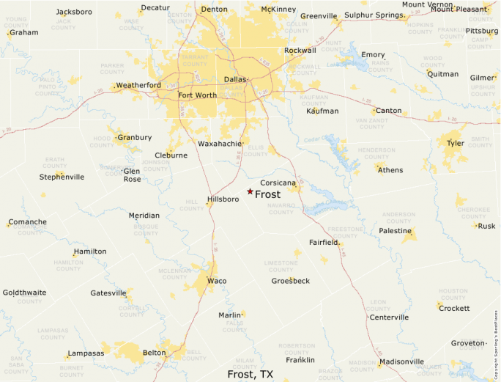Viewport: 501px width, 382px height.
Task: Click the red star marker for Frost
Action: (x=250, y=192)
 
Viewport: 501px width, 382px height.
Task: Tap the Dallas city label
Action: (x=235, y=79)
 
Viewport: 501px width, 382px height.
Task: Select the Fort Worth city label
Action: (x=197, y=95)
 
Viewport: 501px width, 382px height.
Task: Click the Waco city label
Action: (x=217, y=281)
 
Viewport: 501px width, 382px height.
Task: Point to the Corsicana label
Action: (x=278, y=182)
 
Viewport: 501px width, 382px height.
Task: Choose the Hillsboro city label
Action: (x=223, y=199)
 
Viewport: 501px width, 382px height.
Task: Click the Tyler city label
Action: (x=456, y=143)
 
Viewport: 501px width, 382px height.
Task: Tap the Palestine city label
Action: (x=395, y=231)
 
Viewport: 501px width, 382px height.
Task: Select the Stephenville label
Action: (x=62, y=177)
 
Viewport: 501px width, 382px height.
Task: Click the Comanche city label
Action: (x=27, y=222)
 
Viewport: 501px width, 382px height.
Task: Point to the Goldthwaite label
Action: (x=24, y=292)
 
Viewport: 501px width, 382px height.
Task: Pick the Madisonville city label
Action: (x=402, y=361)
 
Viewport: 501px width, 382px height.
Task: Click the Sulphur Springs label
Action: (x=374, y=15)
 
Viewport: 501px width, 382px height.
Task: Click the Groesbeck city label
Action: (x=291, y=281)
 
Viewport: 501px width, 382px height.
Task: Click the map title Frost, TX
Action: (x=250, y=374)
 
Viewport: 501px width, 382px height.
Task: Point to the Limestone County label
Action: (x=281, y=265)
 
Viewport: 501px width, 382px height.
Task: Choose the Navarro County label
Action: (x=281, y=209)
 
